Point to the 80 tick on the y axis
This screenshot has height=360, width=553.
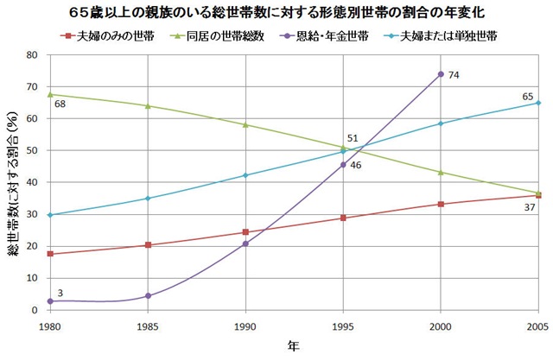click(34, 54)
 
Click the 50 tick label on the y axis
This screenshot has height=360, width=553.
click(34, 150)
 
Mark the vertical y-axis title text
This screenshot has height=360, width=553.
click(12, 182)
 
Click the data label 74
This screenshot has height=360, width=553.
click(453, 76)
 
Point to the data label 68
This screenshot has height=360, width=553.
click(60, 104)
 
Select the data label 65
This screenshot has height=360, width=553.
click(526, 94)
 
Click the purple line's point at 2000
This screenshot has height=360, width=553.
click(441, 74)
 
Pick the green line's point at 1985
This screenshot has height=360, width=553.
click(148, 106)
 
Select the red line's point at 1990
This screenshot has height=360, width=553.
click(245, 232)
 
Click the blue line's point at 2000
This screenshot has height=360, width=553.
click(441, 123)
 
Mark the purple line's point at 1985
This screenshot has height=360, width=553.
click(148, 295)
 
